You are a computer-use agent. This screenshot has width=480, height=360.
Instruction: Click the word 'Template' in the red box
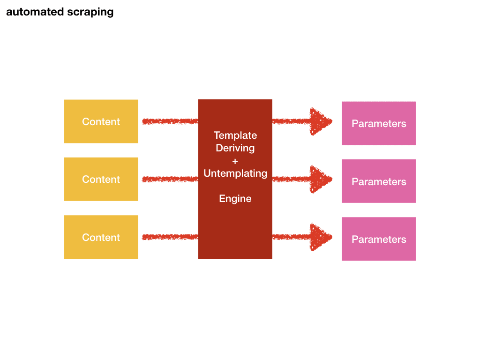[235, 135]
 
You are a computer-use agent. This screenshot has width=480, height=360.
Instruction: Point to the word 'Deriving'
[235, 148]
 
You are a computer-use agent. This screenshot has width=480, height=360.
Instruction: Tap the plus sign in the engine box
[235, 161]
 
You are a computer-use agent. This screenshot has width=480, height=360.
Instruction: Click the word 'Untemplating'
[235, 173]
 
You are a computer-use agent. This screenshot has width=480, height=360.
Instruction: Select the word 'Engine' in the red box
[235, 199]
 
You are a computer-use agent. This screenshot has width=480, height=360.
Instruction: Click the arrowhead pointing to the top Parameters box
[320, 121]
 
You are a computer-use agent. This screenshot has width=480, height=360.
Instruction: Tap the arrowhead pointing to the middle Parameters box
[320, 179]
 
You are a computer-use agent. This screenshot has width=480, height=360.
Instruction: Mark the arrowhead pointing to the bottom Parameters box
[320, 237]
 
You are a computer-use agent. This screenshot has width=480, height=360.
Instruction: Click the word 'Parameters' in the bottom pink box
[379, 240]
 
